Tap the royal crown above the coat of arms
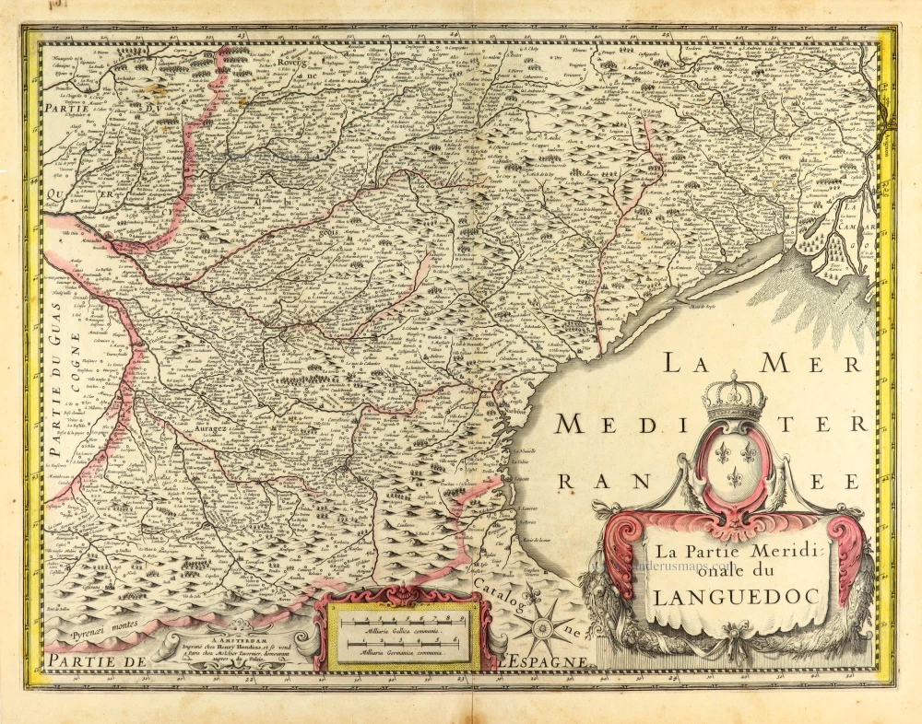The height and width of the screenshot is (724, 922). (735, 397)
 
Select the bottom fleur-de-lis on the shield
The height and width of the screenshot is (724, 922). (735, 476)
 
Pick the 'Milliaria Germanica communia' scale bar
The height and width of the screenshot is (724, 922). (398, 644)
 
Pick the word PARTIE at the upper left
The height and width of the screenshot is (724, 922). (69, 108)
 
